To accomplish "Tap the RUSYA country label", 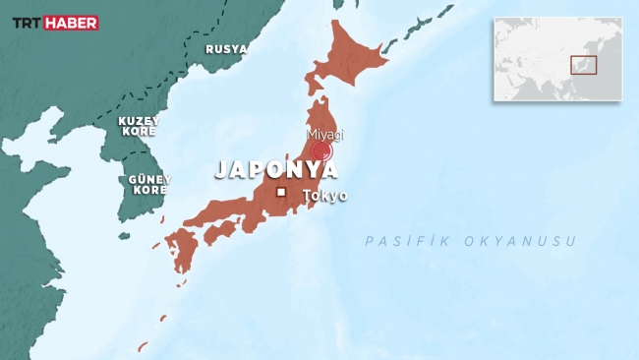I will pyautogui.click(x=225, y=48).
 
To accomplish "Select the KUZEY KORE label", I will pyautogui.click(x=139, y=126).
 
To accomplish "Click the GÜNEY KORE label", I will pyautogui.click(x=149, y=184).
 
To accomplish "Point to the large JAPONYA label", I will pyautogui.click(x=276, y=169).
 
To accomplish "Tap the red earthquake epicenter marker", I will pyautogui.click(x=321, y=151).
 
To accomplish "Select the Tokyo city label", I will pyautogui.click(x=325, y=195).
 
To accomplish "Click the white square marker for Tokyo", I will pyautogui.click(x=280, y=192).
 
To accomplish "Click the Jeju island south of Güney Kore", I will pyautogui.click(x=124, y=236).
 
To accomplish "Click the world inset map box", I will pyautogui.click(x=557, y=59).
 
